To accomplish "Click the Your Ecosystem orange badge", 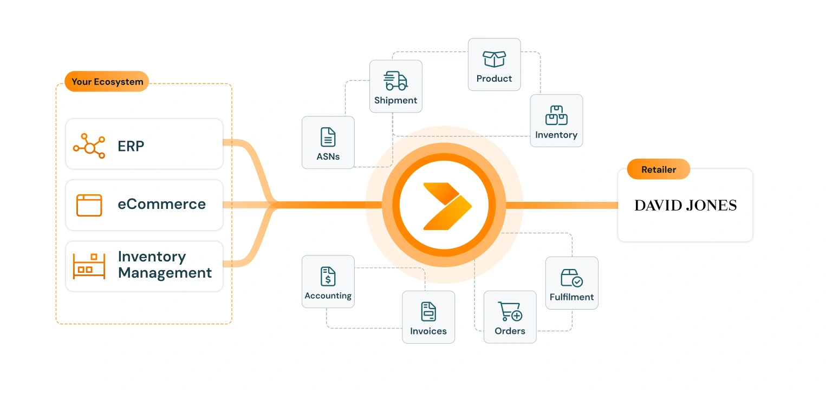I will point(107,82).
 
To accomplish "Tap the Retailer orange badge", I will point(658,169).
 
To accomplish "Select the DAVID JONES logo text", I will point(685,205).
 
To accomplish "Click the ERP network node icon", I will point(89,146).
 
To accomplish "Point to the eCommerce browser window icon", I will point(89,205).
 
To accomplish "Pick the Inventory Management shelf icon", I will point(89,266).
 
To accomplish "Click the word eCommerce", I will point(161,205).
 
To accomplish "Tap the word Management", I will point(165,273).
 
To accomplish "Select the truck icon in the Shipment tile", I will point(395,81).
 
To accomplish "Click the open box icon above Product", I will point(494,58).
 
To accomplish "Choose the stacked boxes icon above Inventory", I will point(556,115).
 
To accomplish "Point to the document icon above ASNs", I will point(328,137).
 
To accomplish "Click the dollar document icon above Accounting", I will point(328,276).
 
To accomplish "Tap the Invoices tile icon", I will point(428,311).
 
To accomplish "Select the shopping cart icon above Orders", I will point(510,311).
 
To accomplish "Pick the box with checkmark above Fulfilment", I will point(571,278).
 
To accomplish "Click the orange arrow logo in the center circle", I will point(445,205).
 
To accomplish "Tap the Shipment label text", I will point(395,101).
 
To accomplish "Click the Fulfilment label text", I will point(571,297).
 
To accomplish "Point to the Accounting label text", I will point(328,296).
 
